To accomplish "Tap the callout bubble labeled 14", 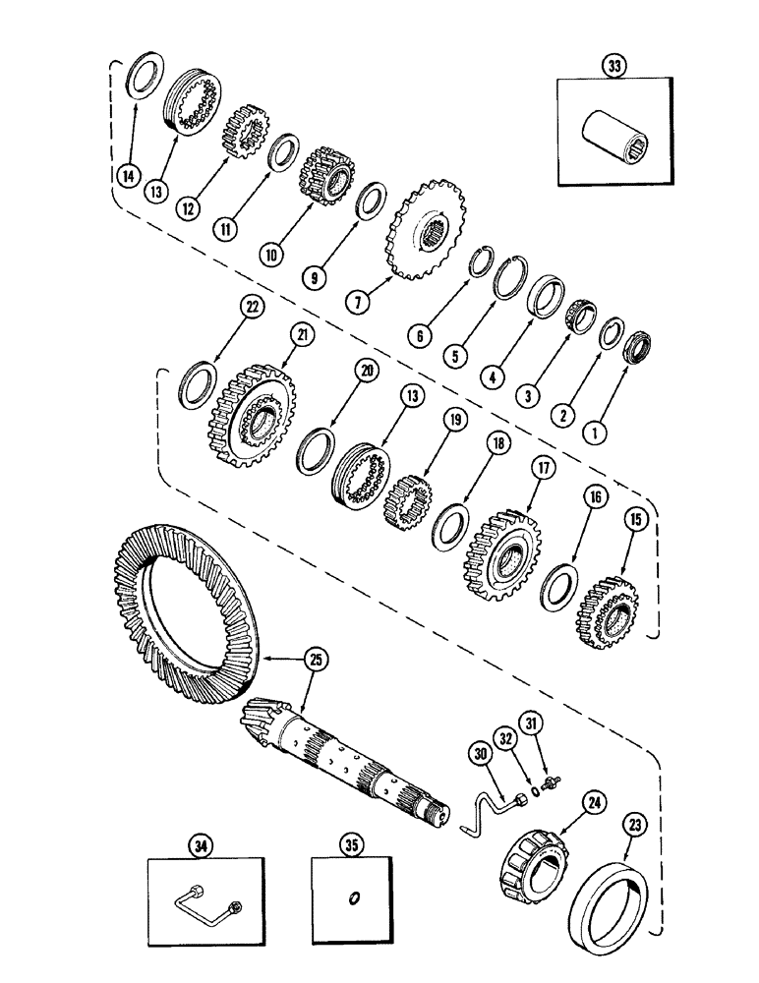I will (127, 176).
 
